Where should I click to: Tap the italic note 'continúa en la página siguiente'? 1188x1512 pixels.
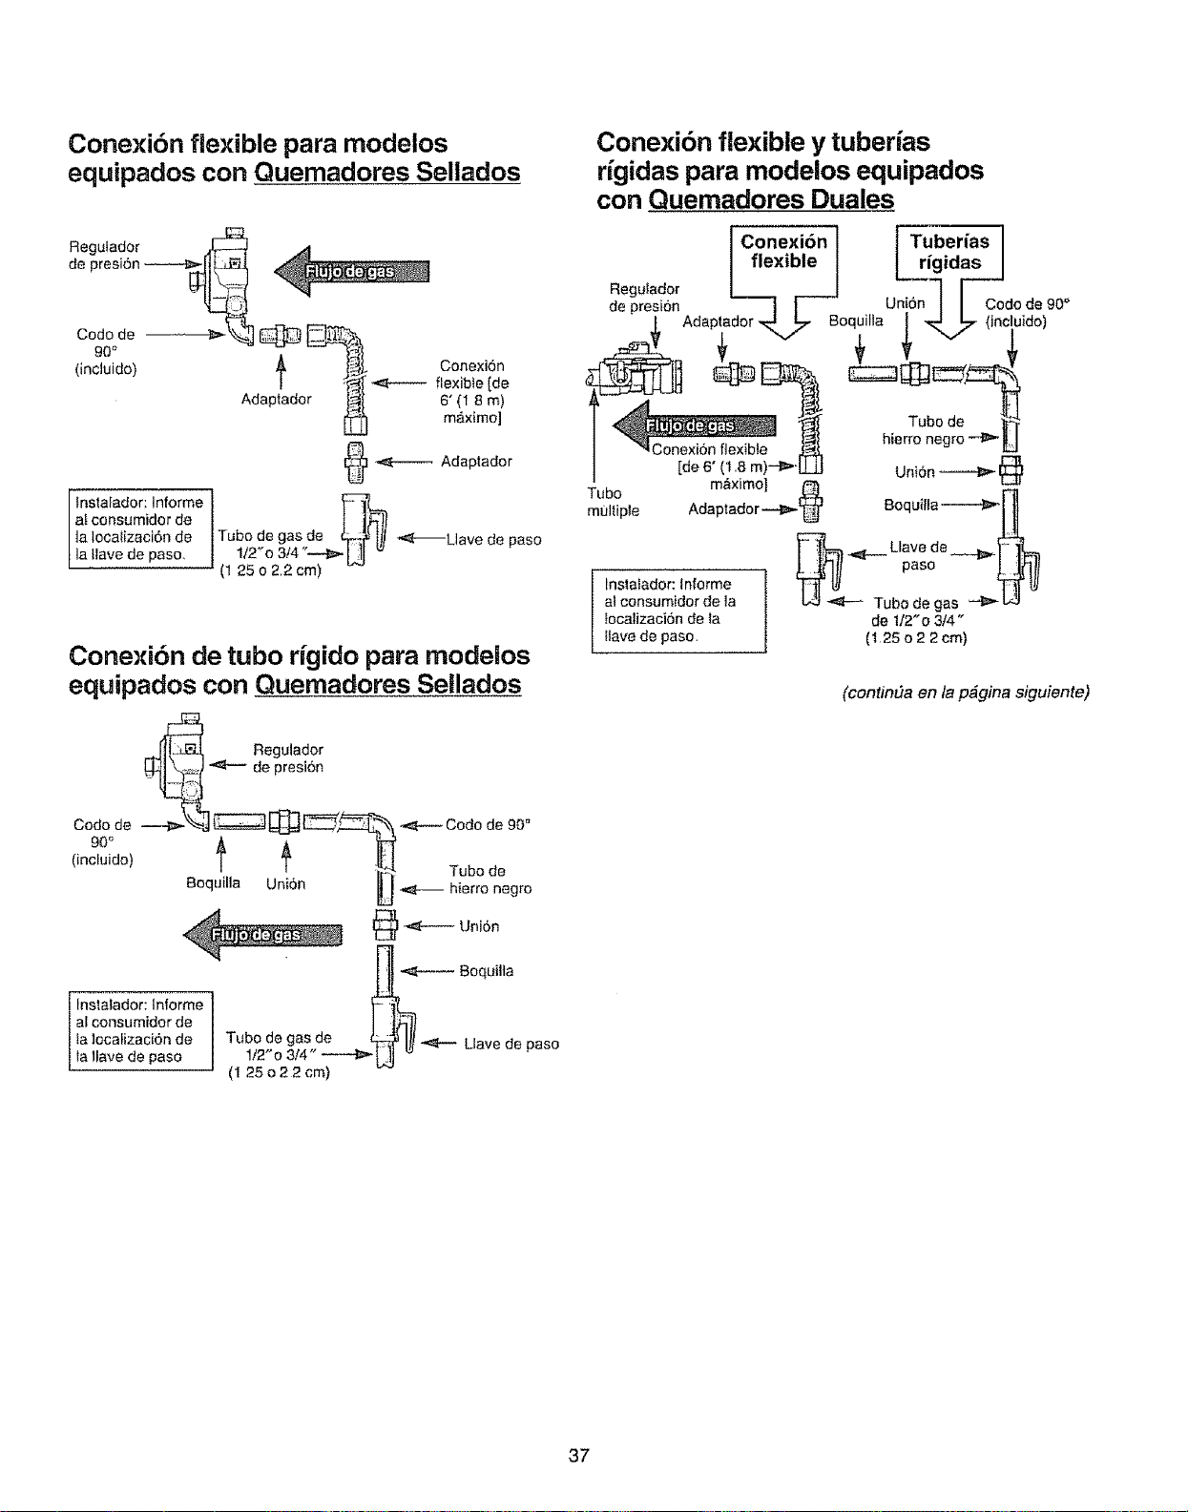coord(966,693)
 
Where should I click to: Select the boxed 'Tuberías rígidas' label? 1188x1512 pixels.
coord(949,252)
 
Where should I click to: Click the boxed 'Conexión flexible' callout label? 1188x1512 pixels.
coord(783,252)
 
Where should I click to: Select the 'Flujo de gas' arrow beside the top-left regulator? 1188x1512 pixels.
coord(351,271)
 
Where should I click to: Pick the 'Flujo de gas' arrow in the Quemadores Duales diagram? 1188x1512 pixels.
coord(694,425)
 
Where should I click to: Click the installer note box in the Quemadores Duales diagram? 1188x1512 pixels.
coord(678,611)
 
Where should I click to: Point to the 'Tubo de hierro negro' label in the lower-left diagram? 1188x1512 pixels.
coord(490,880)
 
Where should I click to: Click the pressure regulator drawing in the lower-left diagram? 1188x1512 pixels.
coord(178,762)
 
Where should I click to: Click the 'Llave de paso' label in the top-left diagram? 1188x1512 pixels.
coord(494,540)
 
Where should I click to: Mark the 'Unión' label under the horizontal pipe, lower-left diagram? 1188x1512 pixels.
coord(286,883)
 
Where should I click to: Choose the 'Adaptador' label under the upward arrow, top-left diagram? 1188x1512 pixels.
coord(277,400)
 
